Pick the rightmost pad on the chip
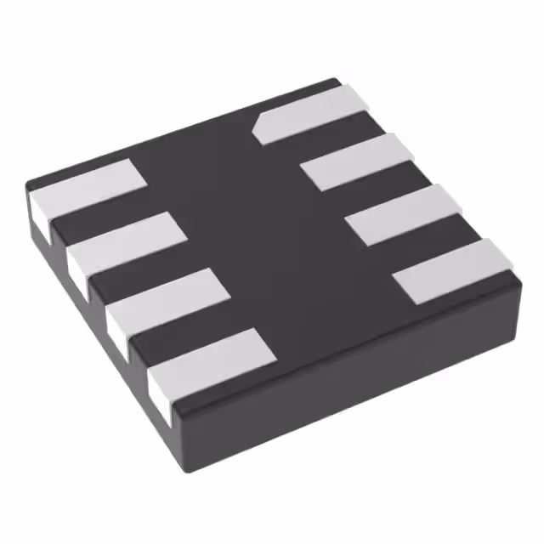[455, 270]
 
